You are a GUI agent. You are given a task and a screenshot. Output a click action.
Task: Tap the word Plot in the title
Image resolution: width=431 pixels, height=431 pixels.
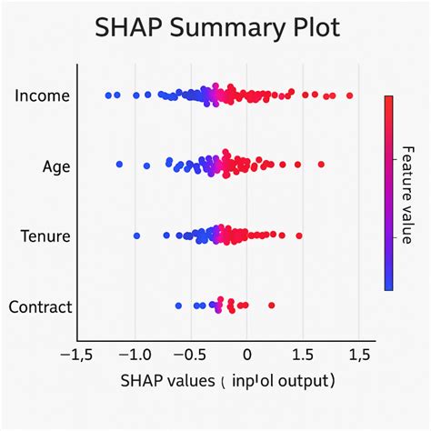312,29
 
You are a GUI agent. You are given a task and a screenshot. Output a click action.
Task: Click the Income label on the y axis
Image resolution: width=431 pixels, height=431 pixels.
44,95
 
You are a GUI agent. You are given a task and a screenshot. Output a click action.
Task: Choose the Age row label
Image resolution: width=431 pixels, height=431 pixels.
56,166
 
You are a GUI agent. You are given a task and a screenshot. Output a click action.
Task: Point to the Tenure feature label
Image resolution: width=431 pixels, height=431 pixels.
45,236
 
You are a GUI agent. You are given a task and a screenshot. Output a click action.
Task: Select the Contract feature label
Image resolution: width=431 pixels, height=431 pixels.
40,306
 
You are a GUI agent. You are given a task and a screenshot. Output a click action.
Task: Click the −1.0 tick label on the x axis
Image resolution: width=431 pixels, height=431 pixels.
135,353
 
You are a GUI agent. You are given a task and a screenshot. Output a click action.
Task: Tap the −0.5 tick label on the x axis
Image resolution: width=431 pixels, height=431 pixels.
190,353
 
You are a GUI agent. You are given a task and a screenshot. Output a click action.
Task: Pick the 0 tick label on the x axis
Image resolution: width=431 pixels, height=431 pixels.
246,353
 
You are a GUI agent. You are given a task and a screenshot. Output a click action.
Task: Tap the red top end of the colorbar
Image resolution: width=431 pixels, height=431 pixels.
388,101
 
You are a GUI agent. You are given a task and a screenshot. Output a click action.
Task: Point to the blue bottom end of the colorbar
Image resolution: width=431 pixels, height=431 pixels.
388,284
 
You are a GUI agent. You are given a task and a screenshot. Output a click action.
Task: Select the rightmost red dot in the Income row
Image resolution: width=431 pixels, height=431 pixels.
349,95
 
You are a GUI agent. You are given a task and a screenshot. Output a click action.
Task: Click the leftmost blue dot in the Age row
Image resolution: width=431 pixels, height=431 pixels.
119,165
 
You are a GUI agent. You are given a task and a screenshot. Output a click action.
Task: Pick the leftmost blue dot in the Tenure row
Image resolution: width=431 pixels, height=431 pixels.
136,236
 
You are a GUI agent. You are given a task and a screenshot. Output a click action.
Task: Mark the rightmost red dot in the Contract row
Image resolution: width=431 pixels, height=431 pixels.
271,306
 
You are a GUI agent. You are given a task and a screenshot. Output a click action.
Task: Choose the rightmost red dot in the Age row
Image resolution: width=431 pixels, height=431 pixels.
321,165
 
